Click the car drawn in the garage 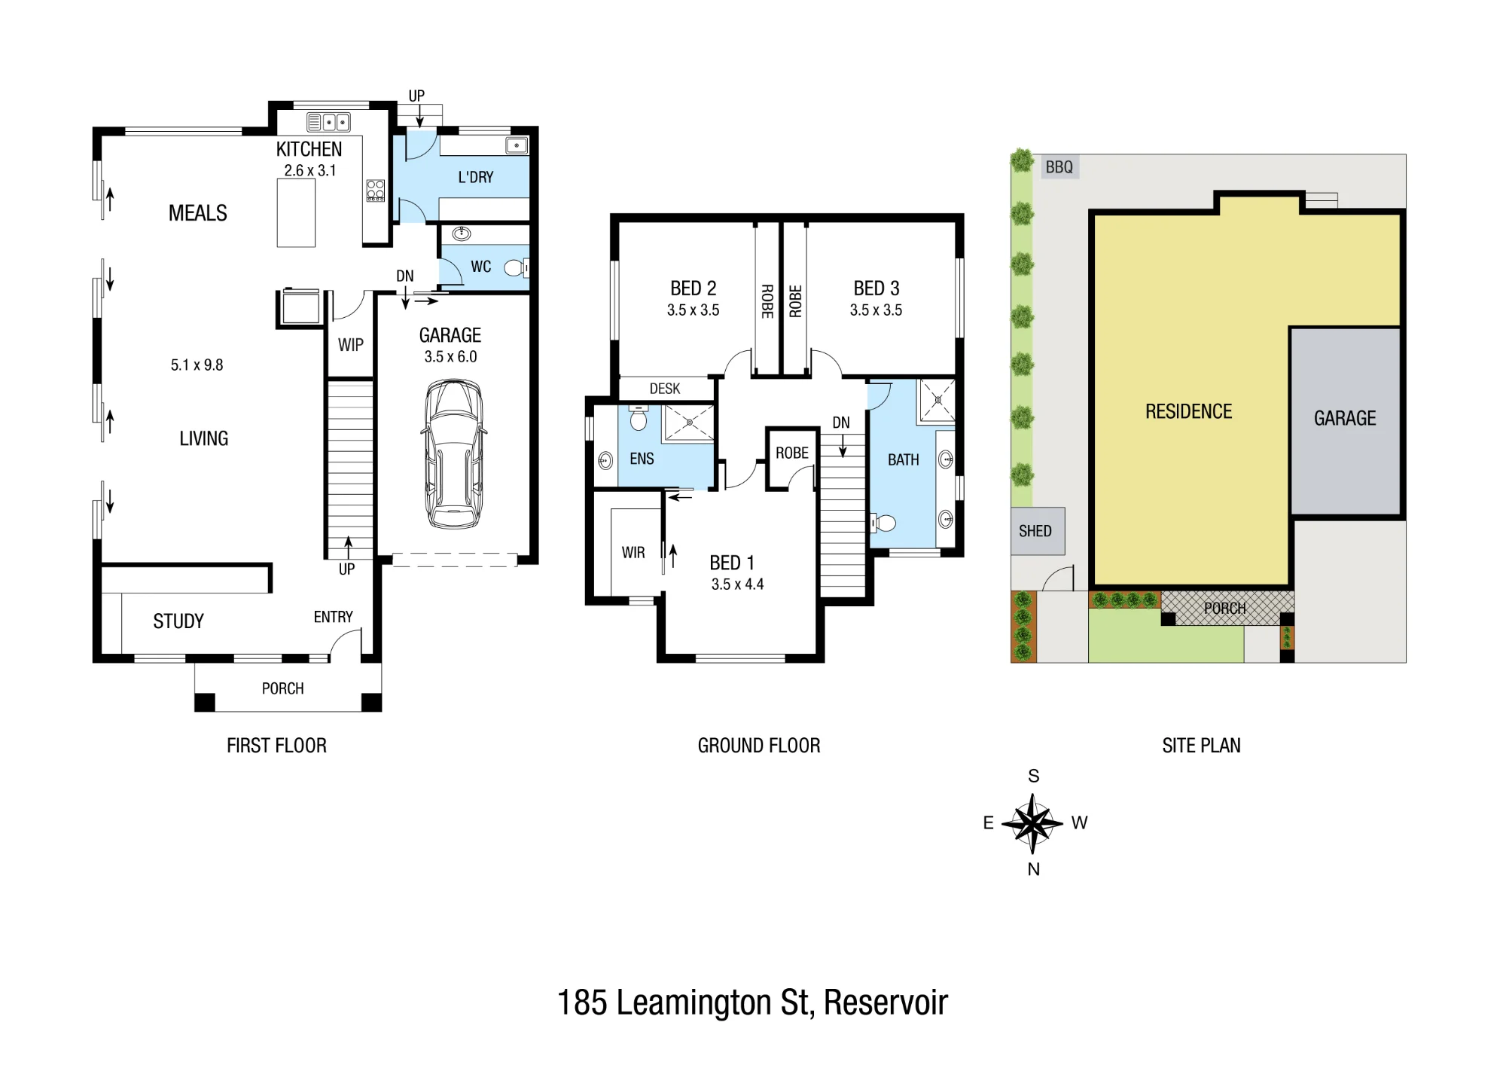pos(453,454)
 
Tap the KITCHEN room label pos(309,149)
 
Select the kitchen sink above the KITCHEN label pos(329,122)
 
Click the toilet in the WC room pos(517,267)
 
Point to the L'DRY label pos(476,177)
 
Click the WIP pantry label pos(351,345)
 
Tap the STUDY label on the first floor pos(178,621)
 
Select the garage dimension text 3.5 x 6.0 pos(450,357)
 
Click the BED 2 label pos(694,288)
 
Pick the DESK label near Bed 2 pos(665,389)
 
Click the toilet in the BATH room pos(883,523)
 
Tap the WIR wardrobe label pos(633,553)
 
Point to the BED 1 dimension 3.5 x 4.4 pos(737,584)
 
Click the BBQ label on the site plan pos(1059,167)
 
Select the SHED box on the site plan pos(1038,531)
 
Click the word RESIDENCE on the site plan pos(1189,411)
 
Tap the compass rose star pos(1033,823)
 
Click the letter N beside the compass pos(1034,869)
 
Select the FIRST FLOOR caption pos(276,746)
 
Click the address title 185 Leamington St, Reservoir pos(752,1002)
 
